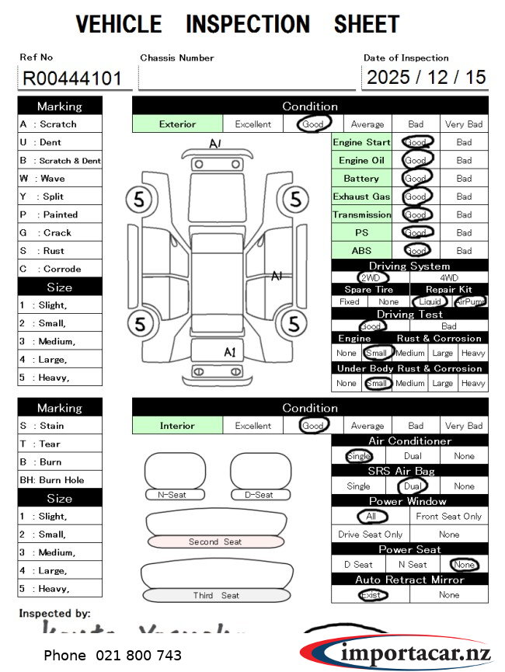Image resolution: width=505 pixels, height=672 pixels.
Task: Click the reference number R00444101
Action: pos(71,78)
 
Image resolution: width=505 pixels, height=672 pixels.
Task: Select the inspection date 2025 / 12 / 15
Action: pos(426,77)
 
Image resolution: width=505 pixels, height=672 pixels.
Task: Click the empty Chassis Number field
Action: pos(246,78)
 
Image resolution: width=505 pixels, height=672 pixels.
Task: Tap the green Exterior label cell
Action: pos(177,124)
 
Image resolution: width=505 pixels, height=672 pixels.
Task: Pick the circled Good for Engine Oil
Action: pos(416,160)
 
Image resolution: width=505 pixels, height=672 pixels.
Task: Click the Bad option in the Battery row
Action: pos(464,178)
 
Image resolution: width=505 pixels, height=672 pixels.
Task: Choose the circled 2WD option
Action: pos(371,277)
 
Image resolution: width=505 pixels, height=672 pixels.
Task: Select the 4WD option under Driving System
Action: pos(449,277)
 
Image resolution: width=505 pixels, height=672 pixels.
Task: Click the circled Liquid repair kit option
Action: pos(430,301)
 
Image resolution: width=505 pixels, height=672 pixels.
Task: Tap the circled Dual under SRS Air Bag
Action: pos(412,486)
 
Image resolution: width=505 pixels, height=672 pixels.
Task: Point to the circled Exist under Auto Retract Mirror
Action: pos(371,595)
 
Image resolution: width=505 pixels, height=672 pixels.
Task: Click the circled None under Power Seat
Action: pos(464,565)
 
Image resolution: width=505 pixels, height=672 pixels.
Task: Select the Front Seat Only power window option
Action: pos(449,517)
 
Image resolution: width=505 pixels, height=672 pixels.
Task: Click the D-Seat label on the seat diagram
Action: pos(259,495)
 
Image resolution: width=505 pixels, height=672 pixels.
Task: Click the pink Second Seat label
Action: pos(215,541)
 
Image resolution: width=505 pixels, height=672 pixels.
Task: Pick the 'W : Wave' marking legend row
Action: pos(60,178)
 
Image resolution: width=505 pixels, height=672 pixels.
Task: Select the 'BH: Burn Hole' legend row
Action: pos(60,480)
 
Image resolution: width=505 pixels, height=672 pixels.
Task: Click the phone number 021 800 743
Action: pos(113,656)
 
